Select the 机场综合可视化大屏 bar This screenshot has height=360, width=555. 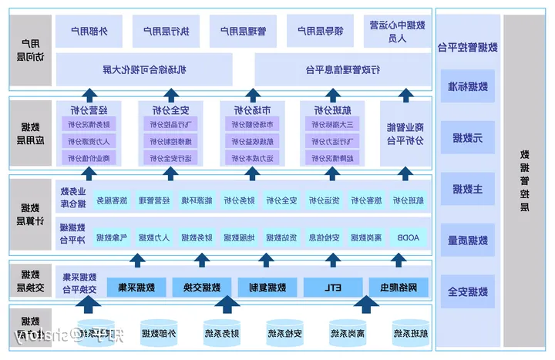(144, 69)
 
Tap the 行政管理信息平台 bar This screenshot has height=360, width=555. (343, 69)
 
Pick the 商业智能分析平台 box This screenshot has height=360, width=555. (404, 133)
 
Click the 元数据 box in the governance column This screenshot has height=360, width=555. (468, 138)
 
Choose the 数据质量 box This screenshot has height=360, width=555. (468, 241)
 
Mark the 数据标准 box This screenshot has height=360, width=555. (468, 86)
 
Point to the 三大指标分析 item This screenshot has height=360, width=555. (332, 124)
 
